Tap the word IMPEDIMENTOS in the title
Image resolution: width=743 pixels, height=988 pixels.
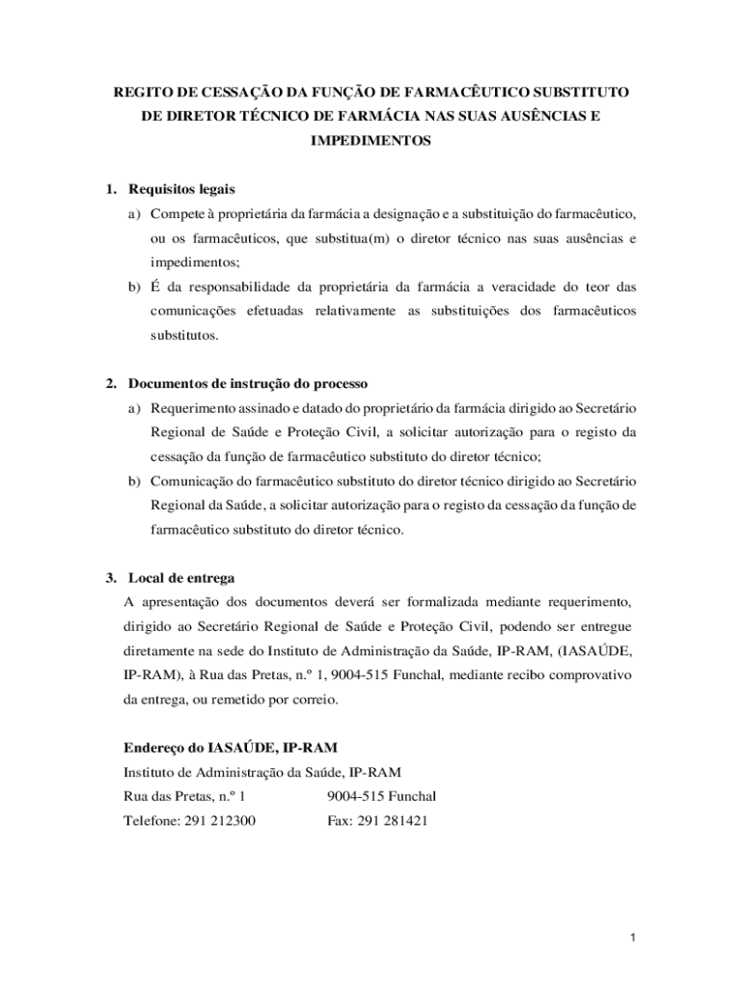(x=371, y=141)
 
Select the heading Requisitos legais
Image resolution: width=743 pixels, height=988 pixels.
(x=181, y=188)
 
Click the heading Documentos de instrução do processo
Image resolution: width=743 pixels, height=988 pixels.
(x=248, y=384)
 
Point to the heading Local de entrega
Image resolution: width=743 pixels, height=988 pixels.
(x=181, y=579)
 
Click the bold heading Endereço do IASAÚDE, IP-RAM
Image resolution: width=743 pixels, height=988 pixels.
(x=230, y=748)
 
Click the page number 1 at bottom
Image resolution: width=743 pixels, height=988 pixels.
(x=629, y=938)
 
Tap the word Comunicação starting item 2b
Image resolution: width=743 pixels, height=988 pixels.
(x=192, y=480)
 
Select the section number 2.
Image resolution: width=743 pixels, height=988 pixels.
(x=111, y=384)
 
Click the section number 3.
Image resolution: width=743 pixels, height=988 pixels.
(x=111, y=579)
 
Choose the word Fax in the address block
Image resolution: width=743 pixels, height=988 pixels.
(x=340, y=821)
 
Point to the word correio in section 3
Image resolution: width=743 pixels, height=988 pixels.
(x=314, y=700)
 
